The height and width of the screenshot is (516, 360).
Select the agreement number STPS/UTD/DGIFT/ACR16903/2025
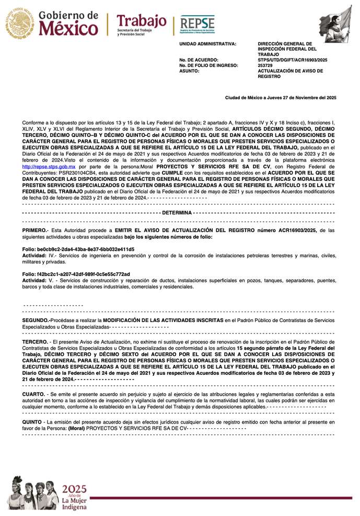[x=293, y=60]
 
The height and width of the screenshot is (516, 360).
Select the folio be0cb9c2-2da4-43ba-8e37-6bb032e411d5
[x=78, y=249]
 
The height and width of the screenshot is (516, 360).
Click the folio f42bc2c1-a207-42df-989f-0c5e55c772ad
[x=76, y=274]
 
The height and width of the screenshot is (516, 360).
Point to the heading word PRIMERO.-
[x=36, y=230]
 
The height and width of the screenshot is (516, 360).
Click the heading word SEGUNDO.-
[x=36, y=319]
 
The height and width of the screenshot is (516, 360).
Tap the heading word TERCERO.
[x=34, y=341]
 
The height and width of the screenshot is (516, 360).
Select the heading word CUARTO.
[x=33, y=393]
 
